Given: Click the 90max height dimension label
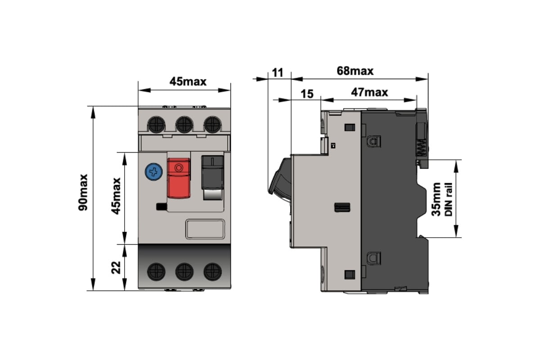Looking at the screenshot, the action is click(83, 192).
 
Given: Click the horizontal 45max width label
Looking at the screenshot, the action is click(188, 81).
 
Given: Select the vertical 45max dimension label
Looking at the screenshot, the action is click(116, 196).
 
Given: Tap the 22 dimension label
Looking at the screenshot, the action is click(116, 268).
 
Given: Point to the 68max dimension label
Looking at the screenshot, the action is click(355, 71).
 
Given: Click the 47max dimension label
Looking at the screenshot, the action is click(369, 92).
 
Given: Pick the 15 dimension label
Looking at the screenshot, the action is click(307, 94).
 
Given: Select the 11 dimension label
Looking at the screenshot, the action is click(278, 72).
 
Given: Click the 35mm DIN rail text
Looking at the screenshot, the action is click(441, 199).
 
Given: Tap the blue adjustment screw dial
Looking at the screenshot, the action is click(153, 172).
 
